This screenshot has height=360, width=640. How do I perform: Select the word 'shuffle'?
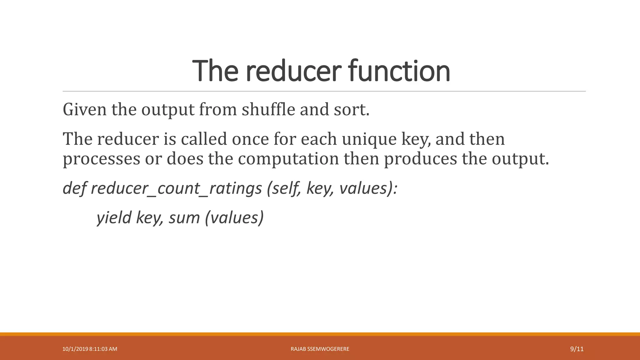pyautogui.click(x=268, y=110)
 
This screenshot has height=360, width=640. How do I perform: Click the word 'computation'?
pyautogui.click(x=288, y=159)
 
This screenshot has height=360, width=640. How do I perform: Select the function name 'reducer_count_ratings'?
pyautogui.click(x=176, y=189)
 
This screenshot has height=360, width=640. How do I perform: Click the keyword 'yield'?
pyautogui.click(x=114, y=218)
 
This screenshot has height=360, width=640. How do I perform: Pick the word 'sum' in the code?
pyautogui.click(x=184, y=218)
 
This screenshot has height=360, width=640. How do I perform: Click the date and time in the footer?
pyautogui.click(x=90, y=349)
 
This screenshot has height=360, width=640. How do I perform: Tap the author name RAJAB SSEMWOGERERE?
pyautogui.click(x=320, y=349)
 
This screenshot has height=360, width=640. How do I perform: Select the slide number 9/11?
pyautogui.click(x=577, y=349)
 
